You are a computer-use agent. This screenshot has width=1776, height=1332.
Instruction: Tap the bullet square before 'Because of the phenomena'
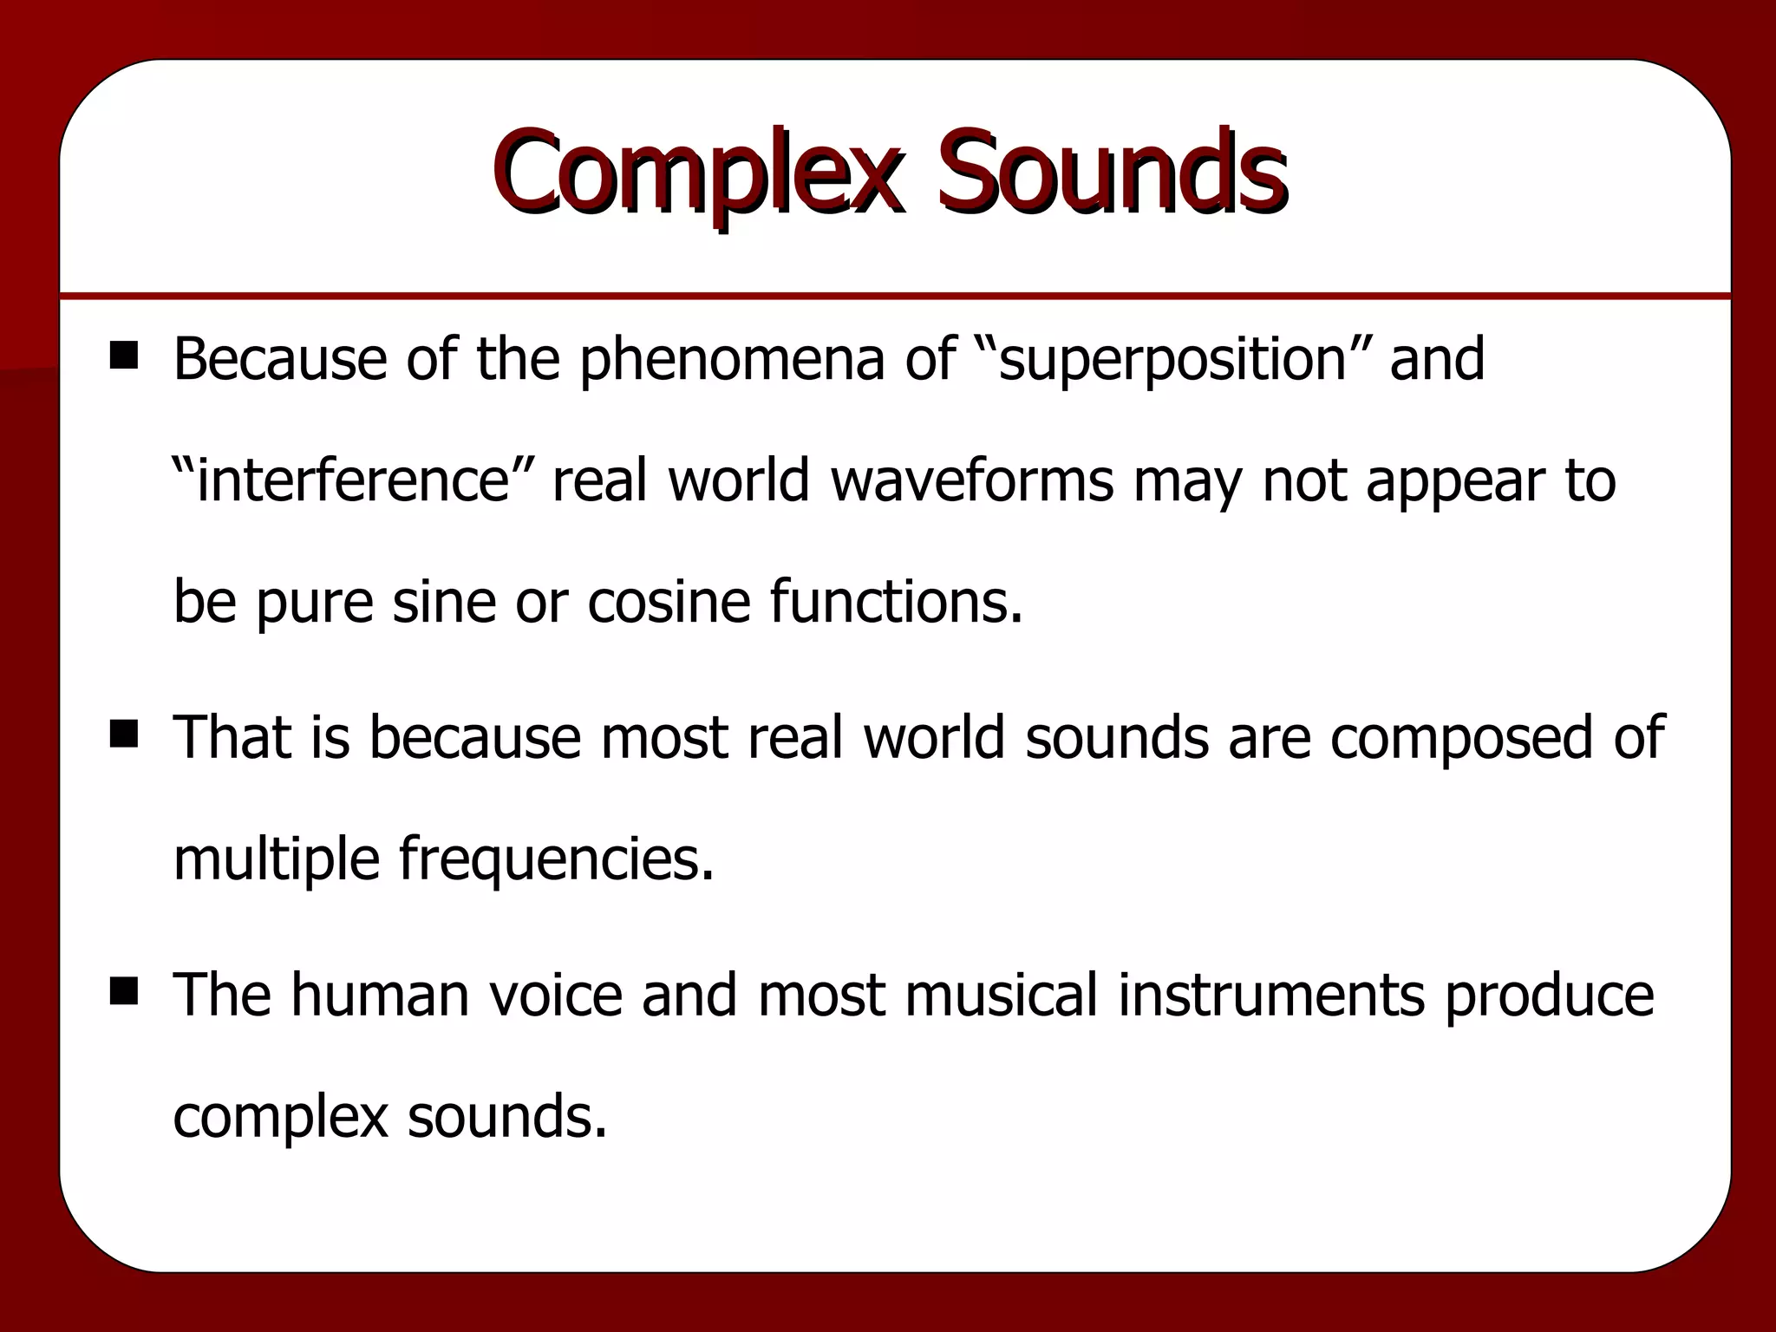coord(124,356)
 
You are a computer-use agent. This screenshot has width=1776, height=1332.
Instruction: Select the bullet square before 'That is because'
coord(124,735)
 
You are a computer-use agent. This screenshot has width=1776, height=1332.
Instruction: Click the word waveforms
coord(972,480)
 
